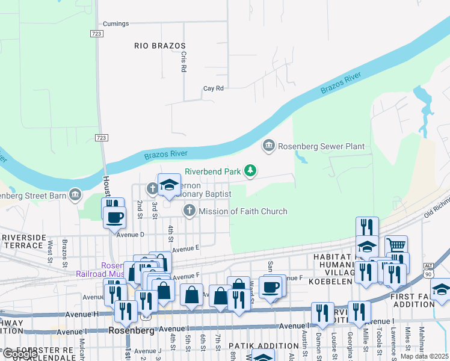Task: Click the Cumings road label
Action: pyautogui.click(x=116, y=24)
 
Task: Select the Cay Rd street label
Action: pyautogui.click(x=213, y=88)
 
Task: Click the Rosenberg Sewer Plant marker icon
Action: pyautogui.click(x=268, y=146)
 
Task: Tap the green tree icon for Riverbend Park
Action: pyautogui.click(x=251, y=171)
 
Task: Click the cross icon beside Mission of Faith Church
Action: pyautogui.click(x=190, y=211)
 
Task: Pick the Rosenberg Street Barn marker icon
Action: pyautogui.click(x=75, y=195)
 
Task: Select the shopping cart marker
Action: pyautogui.click(x=396, y=245)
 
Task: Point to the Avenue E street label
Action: pyautogui.click(x=185, y=248)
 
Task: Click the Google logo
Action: pyautogui.click(x=19, y=354)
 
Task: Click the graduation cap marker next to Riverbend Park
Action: pyautogui.click(x=169, y=184)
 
